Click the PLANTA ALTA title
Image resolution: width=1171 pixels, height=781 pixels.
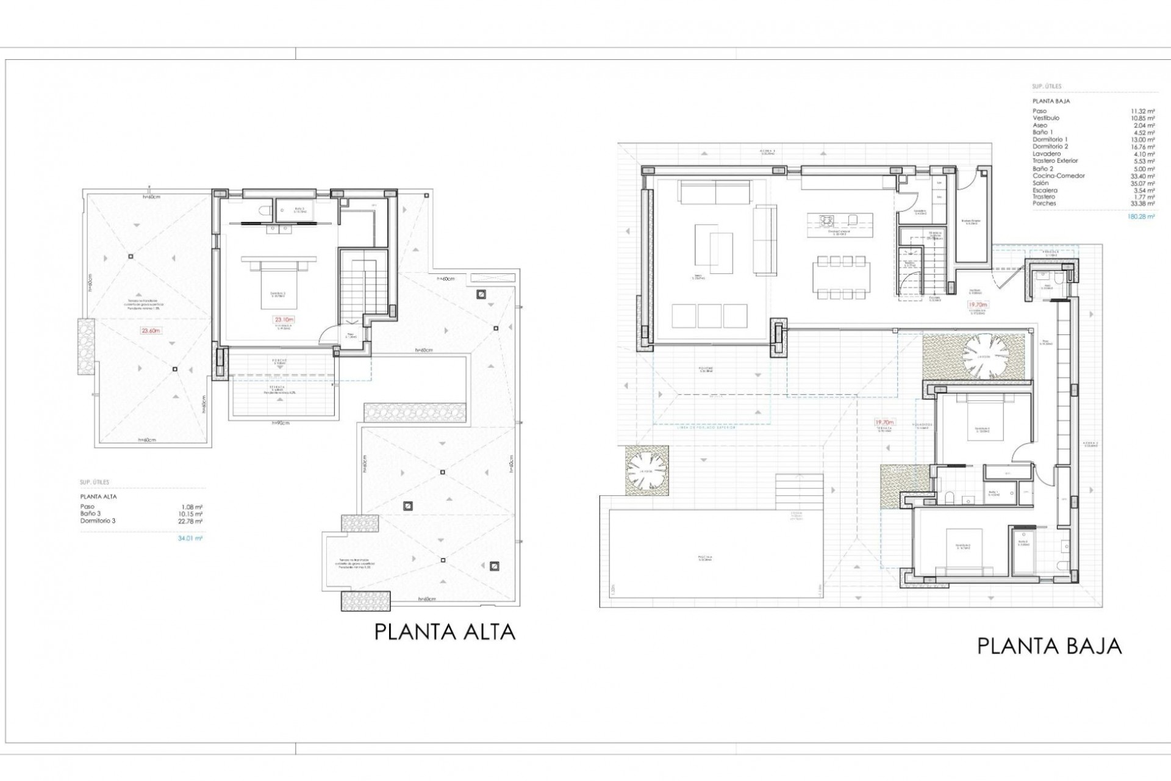coord(445,631)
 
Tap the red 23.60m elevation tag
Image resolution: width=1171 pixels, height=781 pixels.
coord(151,331)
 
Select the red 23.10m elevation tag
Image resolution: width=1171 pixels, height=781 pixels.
coord(284,319)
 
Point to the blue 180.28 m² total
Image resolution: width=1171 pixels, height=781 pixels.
coord(1142,216)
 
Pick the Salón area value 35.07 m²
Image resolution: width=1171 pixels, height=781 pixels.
coord(1142,183)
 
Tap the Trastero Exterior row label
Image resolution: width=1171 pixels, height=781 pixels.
coord(1055,161)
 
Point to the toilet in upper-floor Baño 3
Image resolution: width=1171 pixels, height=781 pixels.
coord(264,211)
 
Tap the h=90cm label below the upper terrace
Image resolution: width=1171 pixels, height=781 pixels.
coord(282,422)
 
